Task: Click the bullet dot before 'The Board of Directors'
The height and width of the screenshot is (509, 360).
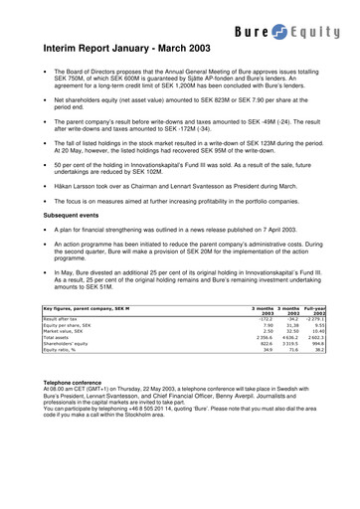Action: [46, 74]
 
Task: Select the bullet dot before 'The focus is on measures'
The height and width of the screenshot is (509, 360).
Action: [46, 200]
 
